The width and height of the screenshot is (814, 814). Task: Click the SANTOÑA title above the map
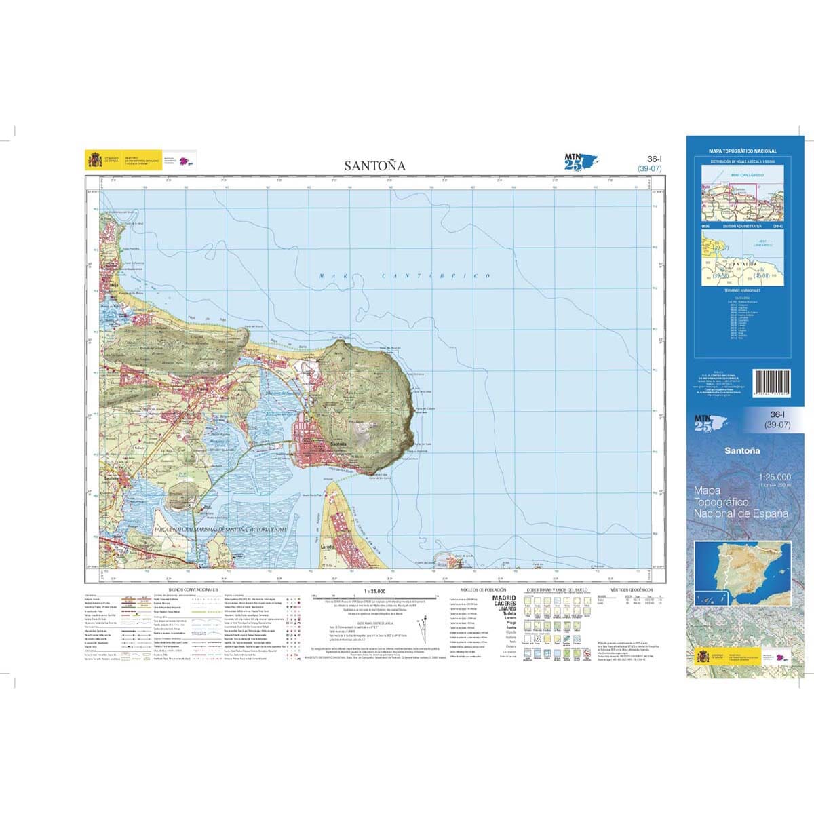point(374,165)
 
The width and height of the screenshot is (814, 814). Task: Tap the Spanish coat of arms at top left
point(94,160)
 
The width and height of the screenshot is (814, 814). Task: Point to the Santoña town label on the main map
point(337,444)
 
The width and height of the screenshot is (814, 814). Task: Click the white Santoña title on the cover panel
point(741,451)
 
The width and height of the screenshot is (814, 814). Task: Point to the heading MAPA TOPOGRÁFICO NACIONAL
point(743,151)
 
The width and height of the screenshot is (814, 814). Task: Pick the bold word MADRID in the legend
point(503,598)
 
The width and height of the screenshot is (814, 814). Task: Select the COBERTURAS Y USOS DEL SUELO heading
point(554,590)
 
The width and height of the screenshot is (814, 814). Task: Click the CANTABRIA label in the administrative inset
point(741,263)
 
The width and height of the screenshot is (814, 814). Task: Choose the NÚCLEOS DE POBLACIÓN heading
point(482,590)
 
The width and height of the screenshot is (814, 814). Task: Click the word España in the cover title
point(770,513)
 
